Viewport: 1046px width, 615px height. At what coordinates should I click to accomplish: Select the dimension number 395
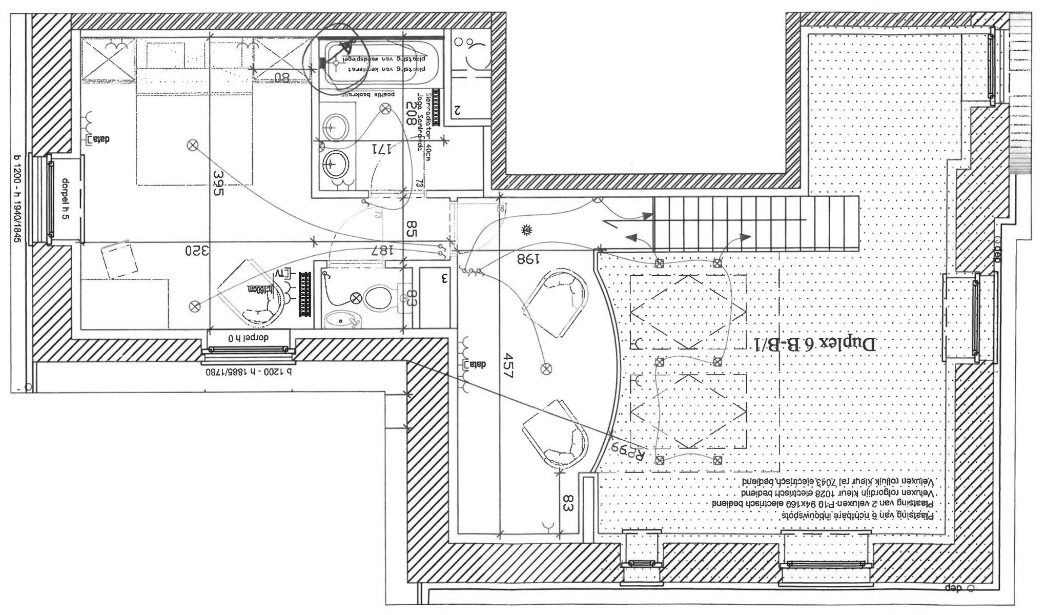[x=218, y=183]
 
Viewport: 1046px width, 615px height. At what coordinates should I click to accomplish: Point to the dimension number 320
[x=197, y=251]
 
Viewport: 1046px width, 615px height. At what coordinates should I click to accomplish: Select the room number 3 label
[x=444, y=279]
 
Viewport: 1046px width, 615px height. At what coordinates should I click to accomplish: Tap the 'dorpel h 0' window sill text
[x=249, y=338]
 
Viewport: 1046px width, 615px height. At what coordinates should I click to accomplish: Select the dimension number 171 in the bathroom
[x=382, y=149]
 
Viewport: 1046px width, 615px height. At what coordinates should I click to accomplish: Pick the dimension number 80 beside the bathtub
[x=282, y=78]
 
